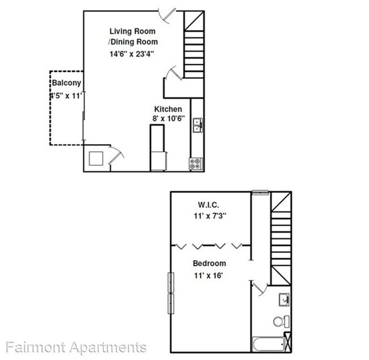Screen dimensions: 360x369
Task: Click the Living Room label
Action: (x=133, y=31)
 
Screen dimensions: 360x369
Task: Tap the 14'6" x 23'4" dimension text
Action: (x=133, y=54)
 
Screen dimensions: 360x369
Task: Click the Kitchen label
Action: (x=168, y=109)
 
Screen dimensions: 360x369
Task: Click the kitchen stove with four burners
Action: (x=196, y=164)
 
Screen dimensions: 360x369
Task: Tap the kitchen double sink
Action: (x=198, y=125)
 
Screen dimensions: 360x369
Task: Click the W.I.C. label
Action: (x=208, y=204)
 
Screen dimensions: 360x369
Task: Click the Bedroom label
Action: (x=209, y=263)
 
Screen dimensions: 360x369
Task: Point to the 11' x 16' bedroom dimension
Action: (x=208, y=275)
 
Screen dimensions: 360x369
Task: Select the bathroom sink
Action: (x=284, y=299)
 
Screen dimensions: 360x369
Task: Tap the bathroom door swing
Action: (x=259, y=288)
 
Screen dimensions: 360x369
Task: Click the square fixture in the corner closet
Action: (x=95, y=158)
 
